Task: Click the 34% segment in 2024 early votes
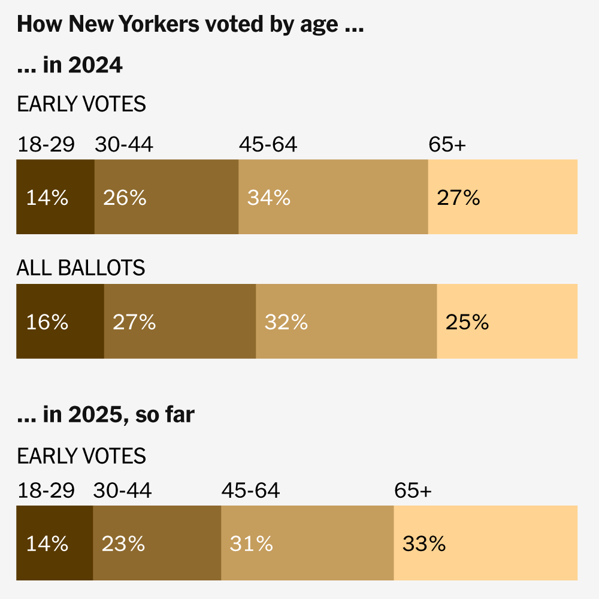coord(333,197)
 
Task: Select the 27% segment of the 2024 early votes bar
coord(503,197)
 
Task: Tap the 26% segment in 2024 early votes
coord(167,197)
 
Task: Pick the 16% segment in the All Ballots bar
coord(60,322)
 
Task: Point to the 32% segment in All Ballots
coord(346,322)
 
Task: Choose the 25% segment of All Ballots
coord(507,322)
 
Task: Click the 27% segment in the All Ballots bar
coord(180,322)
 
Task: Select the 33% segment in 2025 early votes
coord(485,543)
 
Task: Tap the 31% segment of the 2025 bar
coord(307,543)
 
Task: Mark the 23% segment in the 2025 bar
coord(157,543)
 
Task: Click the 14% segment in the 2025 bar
coord(55,543)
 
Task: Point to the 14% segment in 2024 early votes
coord(55,197)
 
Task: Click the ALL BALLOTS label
coord(81,268)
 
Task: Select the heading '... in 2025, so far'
coord(105,415)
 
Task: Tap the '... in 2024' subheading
coord(70,65)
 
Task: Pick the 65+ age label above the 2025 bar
coord(413,491)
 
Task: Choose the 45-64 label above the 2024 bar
coord(268,144)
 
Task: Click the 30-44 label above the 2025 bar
coord(122,491)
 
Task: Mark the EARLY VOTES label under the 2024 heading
coord(81,104)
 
